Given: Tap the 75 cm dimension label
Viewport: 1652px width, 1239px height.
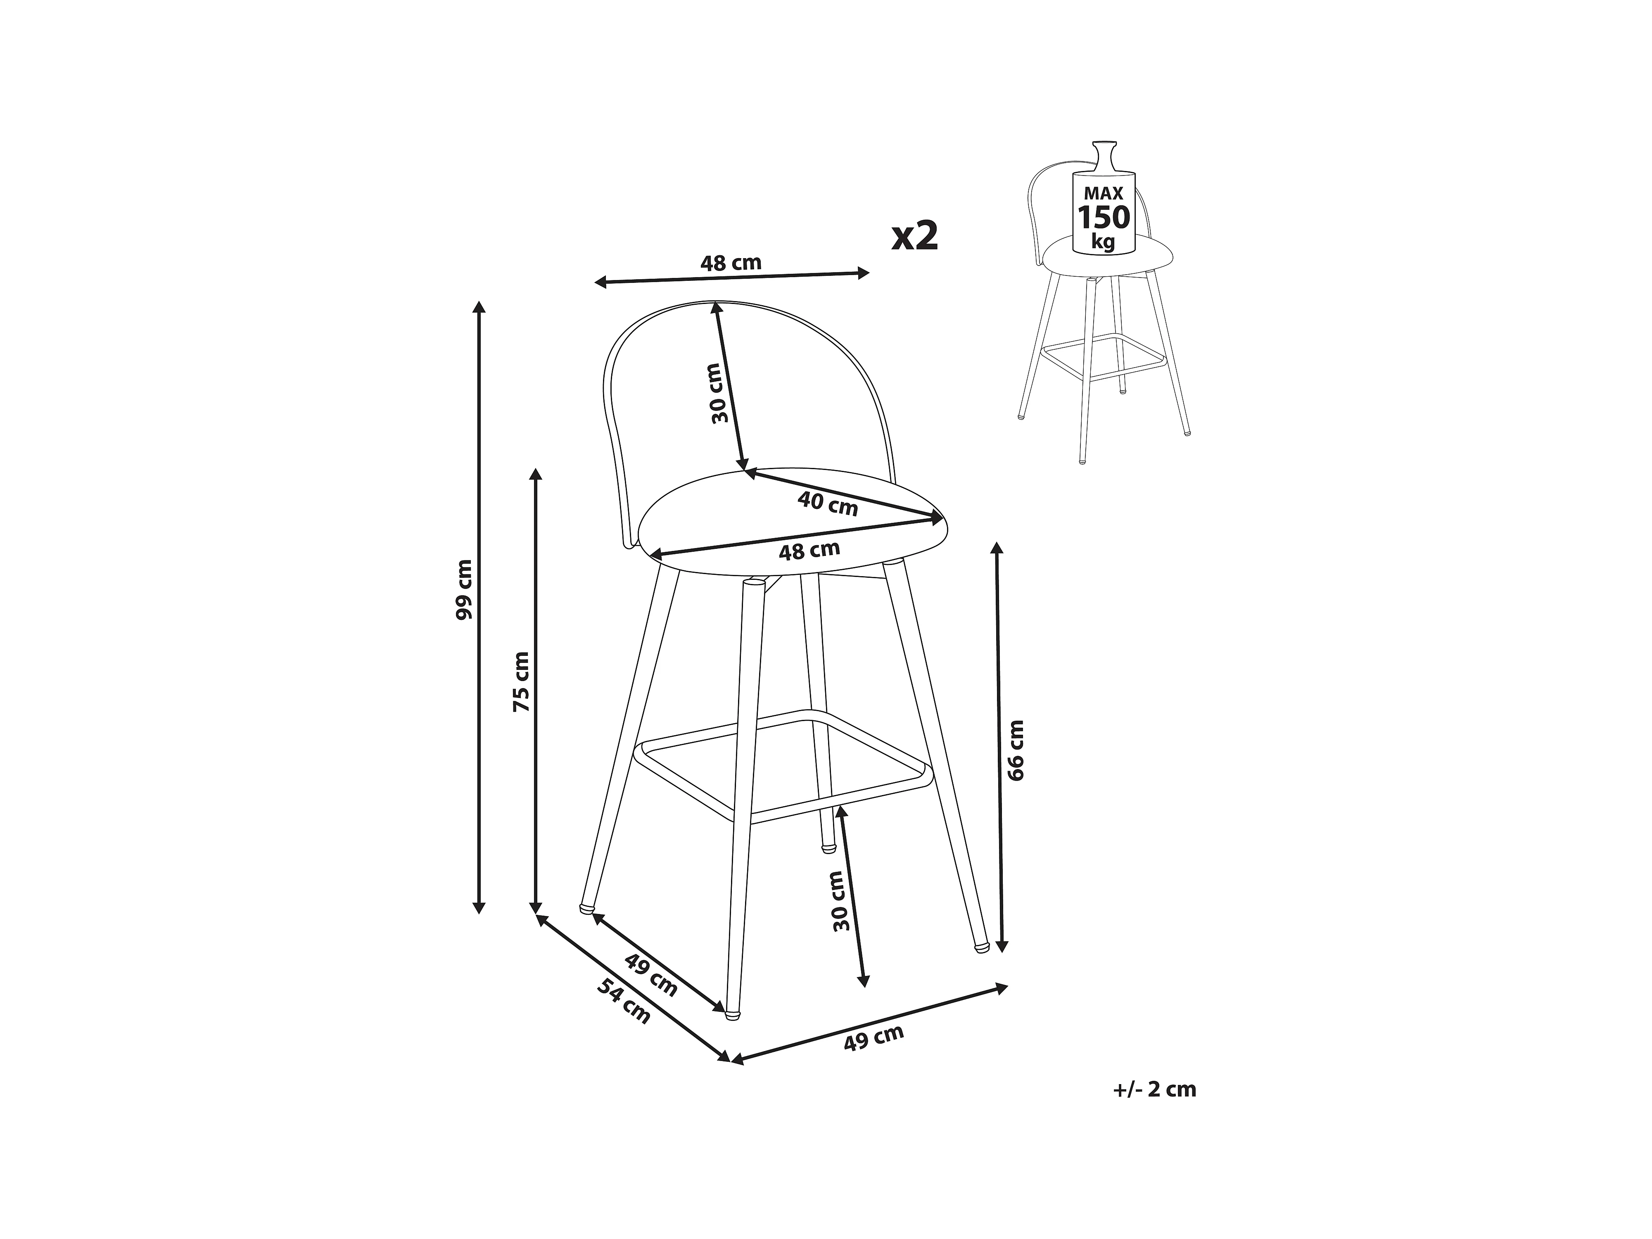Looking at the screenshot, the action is pyautogui.click(x=520, y=681).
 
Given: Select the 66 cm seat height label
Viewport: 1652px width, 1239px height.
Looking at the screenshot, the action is pyautogui.click(x=1016, y=750).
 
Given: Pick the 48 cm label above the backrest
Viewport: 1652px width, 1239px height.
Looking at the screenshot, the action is pyautogui.click(x=731, y=263).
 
